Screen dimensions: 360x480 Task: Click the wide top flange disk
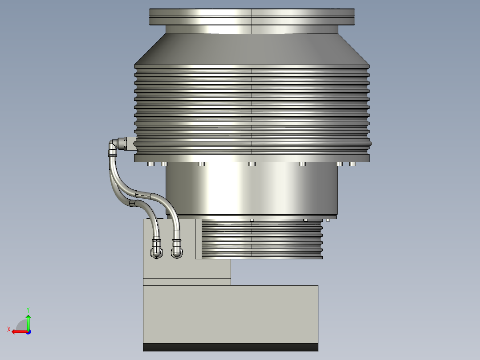click(x=252, y=17)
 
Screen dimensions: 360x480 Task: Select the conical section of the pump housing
click(x=252, y=49)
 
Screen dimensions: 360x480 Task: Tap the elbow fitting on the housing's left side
click(x=117, y=144)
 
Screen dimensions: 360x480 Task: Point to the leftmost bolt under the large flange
click(x=151, y=164)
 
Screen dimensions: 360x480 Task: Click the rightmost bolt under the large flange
click(x=353, y=164)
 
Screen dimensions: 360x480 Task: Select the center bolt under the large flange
click(x=252, y=164)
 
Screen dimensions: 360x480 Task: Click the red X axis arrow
click(x=18, y=331)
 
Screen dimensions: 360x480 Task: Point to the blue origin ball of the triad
click(x=28, y=331)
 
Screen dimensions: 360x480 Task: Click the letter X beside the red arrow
click(x=9, y=329)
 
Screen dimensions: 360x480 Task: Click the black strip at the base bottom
click(x=230, y=347)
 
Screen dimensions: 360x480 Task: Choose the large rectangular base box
click(x=230, y=314)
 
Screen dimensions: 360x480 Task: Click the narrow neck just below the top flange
click(x=252, y=29)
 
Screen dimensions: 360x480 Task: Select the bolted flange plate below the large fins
click(x=252, y=157)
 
